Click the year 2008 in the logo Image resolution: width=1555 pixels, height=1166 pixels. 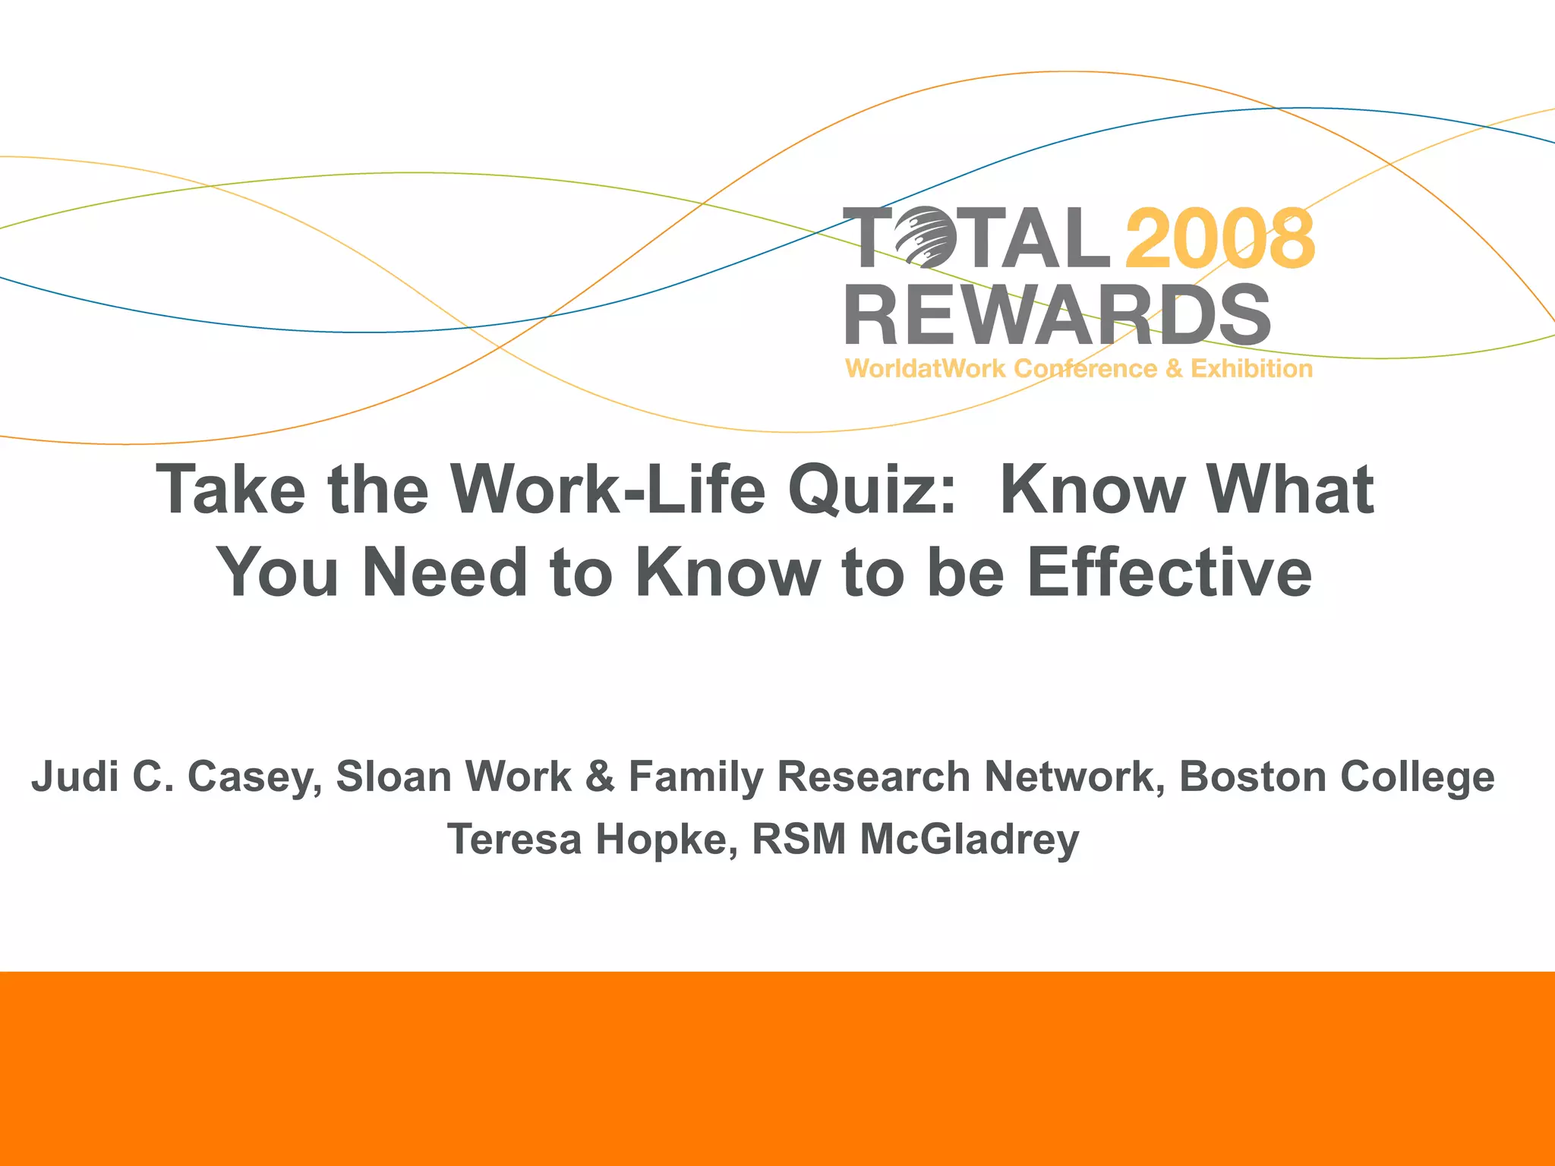click(x=1219, y=238)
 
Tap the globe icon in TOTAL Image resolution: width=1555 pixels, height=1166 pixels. click(x=921, y=238)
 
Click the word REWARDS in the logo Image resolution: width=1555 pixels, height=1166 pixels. click(x=1058, y=315)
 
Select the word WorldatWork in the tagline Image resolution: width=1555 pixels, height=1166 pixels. click(x=926, y=369)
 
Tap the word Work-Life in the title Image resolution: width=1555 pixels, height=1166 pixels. click(x=607, y=490)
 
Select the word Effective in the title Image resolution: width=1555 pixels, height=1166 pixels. click(x=1169, y=573)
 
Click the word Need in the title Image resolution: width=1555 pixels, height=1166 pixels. click(x=445, y=573)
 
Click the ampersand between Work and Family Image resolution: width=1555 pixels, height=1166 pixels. click(x=600, y=777)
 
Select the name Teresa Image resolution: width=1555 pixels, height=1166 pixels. click(x=514, y=840)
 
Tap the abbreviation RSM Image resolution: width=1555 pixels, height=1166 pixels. click(x=798, y=840)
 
